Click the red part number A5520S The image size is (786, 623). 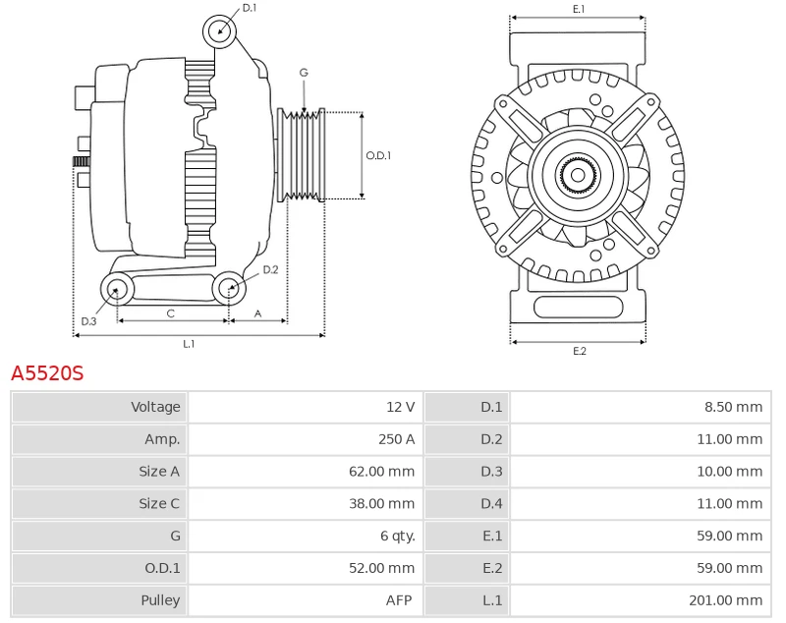47,373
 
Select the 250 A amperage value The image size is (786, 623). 396,439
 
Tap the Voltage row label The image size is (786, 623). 155,407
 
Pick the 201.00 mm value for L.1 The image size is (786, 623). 729,600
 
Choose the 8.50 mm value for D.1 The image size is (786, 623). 733,407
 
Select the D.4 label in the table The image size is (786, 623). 491,504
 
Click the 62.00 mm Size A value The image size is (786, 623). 381,472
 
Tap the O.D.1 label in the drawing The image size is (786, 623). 378,155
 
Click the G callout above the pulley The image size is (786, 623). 304,73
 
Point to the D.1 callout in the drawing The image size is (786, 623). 249,8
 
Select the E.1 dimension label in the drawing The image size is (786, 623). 579,9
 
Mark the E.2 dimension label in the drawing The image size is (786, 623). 579,351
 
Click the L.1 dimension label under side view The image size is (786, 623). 189,344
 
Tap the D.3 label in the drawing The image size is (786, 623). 88,321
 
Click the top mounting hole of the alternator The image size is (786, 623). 220,31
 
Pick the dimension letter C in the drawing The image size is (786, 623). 170,313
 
